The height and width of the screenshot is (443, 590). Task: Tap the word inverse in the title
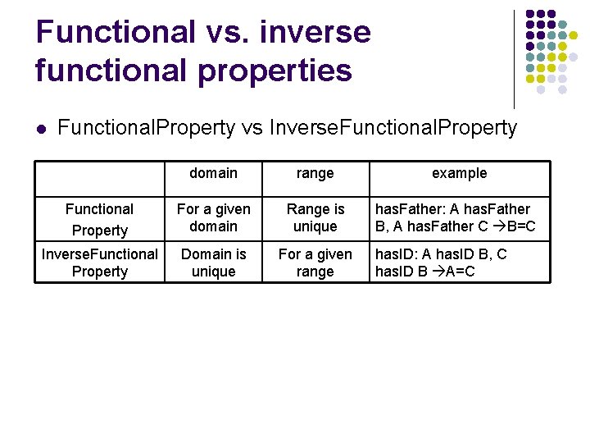(314, 33)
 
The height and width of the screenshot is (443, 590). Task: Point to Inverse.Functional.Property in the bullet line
(393, 128)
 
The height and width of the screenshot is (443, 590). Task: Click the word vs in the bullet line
(251, 128)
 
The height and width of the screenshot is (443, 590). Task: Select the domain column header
(213, 173)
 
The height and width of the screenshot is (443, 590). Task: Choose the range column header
(315, 173)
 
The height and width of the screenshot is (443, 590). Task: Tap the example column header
(459, 173)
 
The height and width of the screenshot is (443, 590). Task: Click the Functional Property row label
(99, 219)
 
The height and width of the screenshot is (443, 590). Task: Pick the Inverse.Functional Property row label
(99, 263)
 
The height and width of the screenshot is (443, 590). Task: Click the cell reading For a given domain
(213, 218)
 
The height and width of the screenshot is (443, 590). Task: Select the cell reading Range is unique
(315, 218)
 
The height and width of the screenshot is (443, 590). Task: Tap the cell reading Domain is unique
(213, 263)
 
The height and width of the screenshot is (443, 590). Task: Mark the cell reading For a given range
(315, 263)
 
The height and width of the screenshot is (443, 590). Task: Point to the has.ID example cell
(442, 263)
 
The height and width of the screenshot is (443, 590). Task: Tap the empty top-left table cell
(99, 178)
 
